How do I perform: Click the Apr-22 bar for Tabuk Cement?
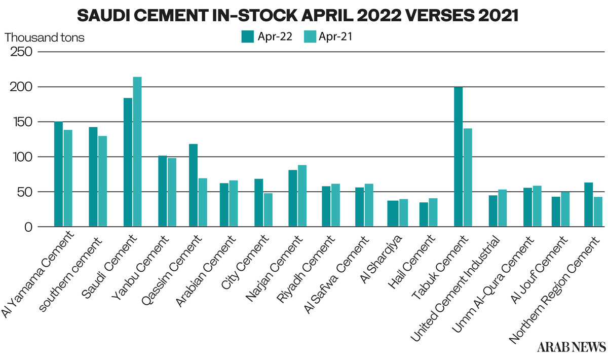tap(459, 157)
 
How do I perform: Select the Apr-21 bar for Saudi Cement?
tap(137, 152)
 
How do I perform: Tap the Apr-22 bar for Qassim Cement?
tap(193, 186)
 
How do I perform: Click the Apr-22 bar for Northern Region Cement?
tap(588, 205)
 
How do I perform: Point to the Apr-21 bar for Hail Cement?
tap(433, 212)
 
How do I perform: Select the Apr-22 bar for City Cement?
tap(259, 203)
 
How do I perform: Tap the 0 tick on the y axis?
tap(28, 227)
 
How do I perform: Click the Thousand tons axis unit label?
tap(45, 37)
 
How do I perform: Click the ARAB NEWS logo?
tap(572, 347)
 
